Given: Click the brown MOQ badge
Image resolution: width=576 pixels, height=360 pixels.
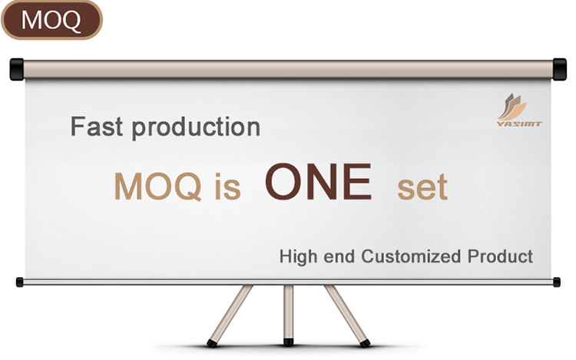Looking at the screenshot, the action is (x=51, y=20).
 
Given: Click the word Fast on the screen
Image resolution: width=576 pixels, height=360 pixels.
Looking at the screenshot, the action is (x=97, y=127).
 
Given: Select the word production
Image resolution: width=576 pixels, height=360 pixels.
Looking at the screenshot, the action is (x=196, y=128).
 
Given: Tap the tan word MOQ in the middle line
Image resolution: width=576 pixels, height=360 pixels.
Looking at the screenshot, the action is (x=158, y=187).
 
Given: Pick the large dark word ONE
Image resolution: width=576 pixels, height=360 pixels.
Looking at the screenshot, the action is (x=318, y=182).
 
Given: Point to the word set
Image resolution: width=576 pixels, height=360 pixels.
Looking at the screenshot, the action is (x=422, y=187).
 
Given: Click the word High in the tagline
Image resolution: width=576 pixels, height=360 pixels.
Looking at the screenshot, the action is (x=298, y=256).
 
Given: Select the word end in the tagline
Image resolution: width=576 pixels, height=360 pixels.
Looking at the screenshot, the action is (x=339, y=256).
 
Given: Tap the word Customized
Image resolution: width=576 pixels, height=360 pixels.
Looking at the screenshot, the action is (x=411, y=256).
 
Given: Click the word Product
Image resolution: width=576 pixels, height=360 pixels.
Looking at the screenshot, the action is (x=500, y=256).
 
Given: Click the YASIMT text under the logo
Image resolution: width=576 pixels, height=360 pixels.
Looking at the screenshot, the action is (x=519, y=124).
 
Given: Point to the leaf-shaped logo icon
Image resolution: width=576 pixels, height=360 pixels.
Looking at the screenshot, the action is (x=511, y=107).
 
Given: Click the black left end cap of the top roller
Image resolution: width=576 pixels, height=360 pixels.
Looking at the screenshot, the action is (x=17, y=69).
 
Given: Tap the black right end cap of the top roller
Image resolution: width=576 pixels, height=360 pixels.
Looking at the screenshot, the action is (x=559, y=69).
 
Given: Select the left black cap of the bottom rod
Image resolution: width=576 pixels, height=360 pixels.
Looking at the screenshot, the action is (x=19, y=282).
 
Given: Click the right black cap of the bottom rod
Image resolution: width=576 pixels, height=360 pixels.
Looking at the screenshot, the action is (x=557, y=282).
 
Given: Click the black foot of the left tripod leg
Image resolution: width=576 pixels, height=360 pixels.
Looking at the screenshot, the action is (x=212, y=343).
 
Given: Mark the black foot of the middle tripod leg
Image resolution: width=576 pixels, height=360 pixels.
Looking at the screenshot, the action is (x=289, y=342).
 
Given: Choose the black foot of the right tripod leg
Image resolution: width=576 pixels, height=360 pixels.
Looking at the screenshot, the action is (x=365, y=343).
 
